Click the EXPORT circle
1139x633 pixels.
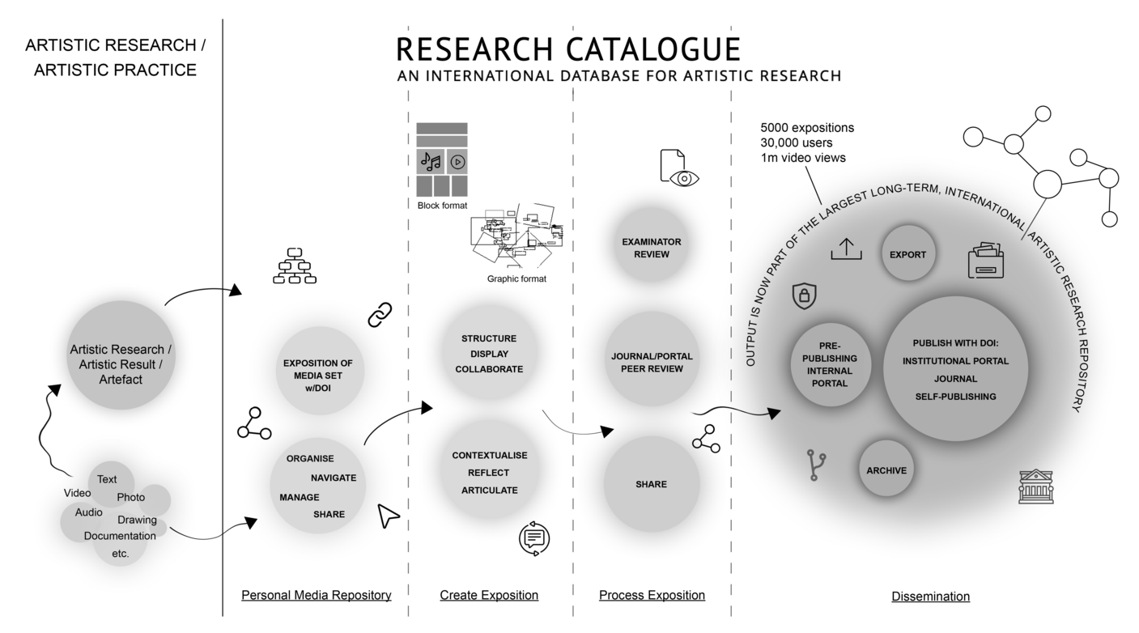coord(907,253)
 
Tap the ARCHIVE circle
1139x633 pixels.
coord(886,469)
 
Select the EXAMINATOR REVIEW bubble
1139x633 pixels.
coord(651,248)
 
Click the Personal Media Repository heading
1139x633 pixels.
coord(316,596)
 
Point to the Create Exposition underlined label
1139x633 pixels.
coord(489,596)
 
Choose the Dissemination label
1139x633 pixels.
coord(930,597)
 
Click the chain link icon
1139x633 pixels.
coord(380,314)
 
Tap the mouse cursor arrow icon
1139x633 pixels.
coord(389,516)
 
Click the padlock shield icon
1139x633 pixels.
coord(804,296)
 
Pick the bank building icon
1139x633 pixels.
coord(1036,488)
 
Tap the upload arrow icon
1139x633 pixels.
coord(846,249)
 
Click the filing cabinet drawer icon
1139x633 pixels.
coord(985,261)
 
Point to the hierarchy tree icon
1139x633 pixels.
coord(294,266)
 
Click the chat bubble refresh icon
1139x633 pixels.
coord(533,538)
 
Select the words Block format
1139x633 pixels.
coord(442,206)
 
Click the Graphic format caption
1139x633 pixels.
coord(516,279)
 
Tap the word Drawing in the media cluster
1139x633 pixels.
coord(137,520)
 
